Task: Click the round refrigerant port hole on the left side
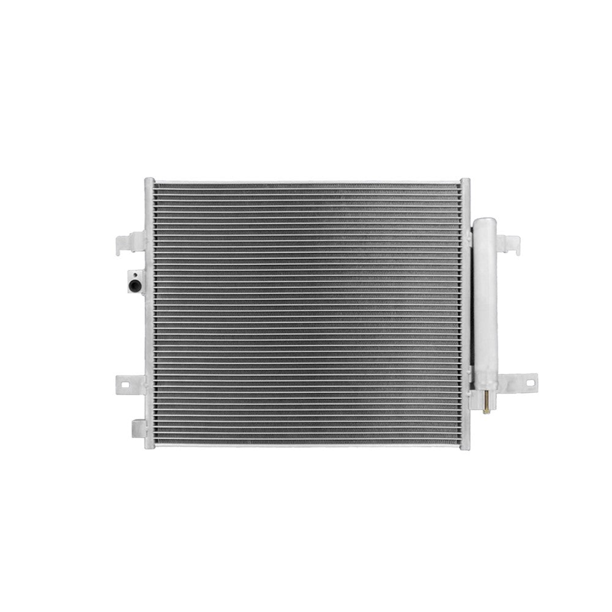pos(133,285)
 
